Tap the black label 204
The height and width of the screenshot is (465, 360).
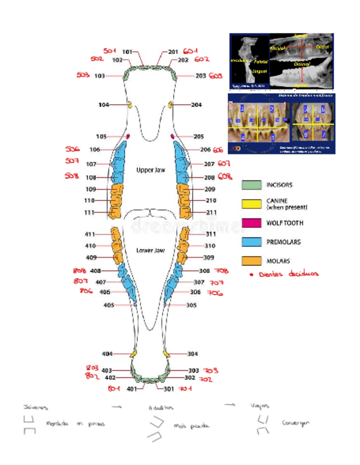(196, 104)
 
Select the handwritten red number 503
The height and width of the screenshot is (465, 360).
(82, 75)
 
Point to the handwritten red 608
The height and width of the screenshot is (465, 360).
(224, 177)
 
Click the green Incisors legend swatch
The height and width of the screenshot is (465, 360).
(251, 186)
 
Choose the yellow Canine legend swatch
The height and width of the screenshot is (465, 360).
(251, 205)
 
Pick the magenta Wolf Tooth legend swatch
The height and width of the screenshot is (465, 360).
(251, 223)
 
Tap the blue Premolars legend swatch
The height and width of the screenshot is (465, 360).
(251, 242)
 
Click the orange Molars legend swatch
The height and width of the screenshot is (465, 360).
(251, 261)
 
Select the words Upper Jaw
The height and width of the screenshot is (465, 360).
(150, 170)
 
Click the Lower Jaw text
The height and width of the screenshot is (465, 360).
(150, 250)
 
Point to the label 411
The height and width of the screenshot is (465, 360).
(91, 234)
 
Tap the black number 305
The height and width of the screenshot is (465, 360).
(192, 305)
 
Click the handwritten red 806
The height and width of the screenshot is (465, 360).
(86, 291)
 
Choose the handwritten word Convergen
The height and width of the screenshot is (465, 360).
(296, 423)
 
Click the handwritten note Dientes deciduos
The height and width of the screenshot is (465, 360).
(285, 274)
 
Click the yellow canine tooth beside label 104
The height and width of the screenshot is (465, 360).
(130, 104)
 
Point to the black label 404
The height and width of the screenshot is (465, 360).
(108, 354)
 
